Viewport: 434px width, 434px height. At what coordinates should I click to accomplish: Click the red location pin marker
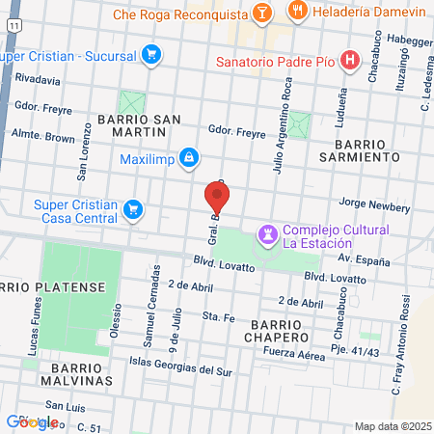pos(218,200)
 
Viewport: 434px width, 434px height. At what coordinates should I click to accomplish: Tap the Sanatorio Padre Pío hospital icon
pos(350,60)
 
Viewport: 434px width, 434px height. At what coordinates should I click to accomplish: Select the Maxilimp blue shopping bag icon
pos(189,157)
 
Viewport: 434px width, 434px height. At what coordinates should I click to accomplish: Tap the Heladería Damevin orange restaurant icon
pos(301,14)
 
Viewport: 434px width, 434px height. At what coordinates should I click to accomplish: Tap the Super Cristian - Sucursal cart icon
pos(149,54)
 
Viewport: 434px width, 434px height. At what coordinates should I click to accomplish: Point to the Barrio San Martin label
pos(138,120)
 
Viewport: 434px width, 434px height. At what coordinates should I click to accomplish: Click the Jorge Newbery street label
pos(375,206)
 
